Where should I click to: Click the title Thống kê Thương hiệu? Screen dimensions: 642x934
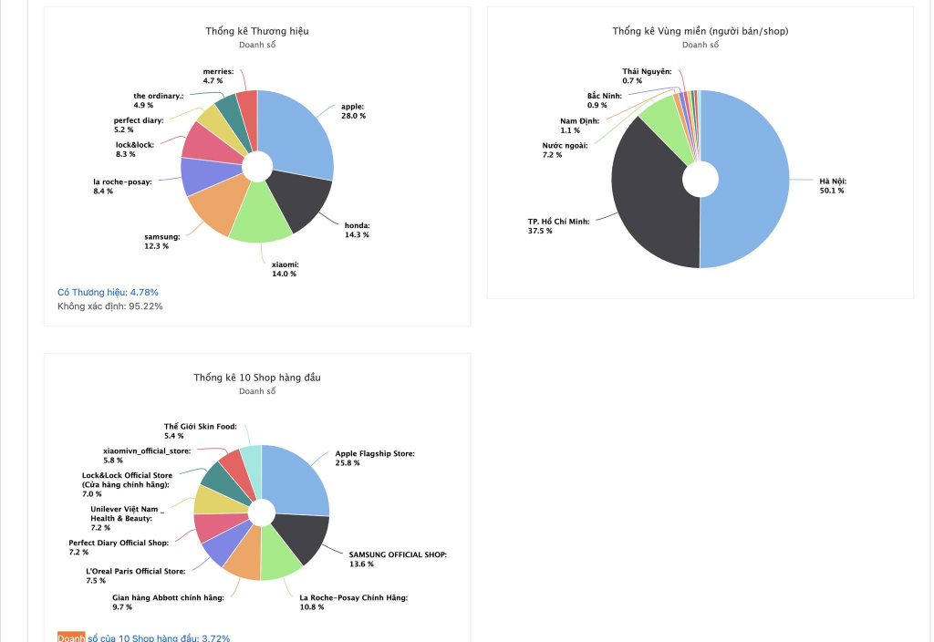(x=257, y=31)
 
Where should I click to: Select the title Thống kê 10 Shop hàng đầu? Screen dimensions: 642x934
(x=257, y=378)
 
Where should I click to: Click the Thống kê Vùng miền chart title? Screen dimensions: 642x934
(x=700, y=31)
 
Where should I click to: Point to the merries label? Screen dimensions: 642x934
(x=218, y=71)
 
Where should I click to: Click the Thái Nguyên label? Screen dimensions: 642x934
(x=647, y=71)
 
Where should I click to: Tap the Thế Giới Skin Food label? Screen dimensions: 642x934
(x=200, y=426)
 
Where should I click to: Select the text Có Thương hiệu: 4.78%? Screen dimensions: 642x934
(x=108, y=292)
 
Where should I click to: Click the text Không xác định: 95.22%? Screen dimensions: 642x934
(x=109, y=306)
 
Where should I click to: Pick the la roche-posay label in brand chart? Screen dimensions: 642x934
(x=122, y=181)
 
